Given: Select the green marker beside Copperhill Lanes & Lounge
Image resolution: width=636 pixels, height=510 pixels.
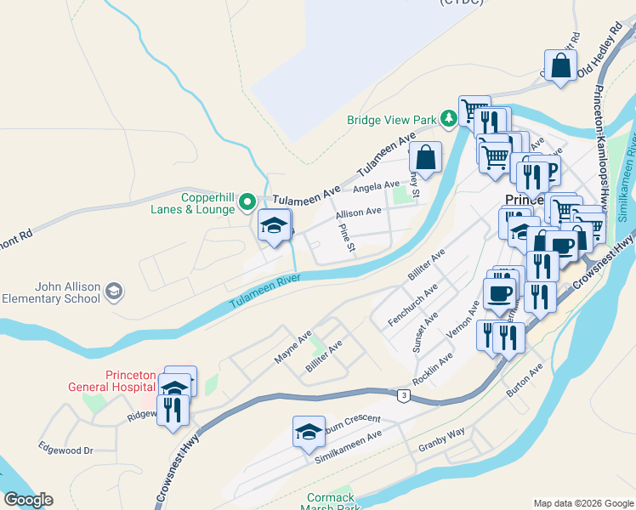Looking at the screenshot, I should pos(247,202).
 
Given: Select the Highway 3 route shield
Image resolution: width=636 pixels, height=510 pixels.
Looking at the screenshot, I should pos(401,394).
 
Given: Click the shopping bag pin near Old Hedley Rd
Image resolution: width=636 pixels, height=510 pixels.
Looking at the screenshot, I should pos(561,65).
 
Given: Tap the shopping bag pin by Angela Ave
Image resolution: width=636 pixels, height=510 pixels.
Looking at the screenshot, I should pos(425,157).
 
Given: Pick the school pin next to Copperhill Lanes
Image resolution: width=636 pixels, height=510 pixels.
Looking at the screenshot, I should pos(275,225).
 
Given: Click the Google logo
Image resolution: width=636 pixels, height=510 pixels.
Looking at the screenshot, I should pos(28,500).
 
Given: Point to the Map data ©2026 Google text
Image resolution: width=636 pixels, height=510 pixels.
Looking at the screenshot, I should pos(582,502).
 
